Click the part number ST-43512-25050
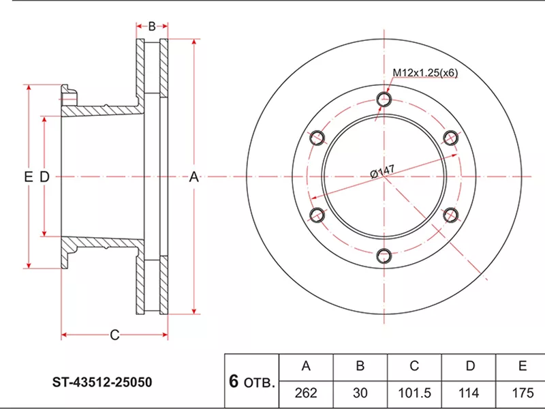[x=102, y=382]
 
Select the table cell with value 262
[x=306, y=393]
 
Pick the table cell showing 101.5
[x=414, y=393]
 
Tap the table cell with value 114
[x=469, y=393]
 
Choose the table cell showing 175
[x=522, y=393]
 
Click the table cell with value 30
[x=360, y=393]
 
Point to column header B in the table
[x=360, y=366]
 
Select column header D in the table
[x=469, y=366]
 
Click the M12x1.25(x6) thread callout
[x=424, y=72]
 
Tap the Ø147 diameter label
[x=383, y=169]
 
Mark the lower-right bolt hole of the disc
[x=451, y=215]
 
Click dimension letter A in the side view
[x=193, y=177]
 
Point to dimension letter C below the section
[x=114, y=334]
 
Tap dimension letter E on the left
[x=28, y=177]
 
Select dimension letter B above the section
[x=152, y=27]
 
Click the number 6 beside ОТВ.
[x=234, y=382]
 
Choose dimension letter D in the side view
[x=44, y=177]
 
